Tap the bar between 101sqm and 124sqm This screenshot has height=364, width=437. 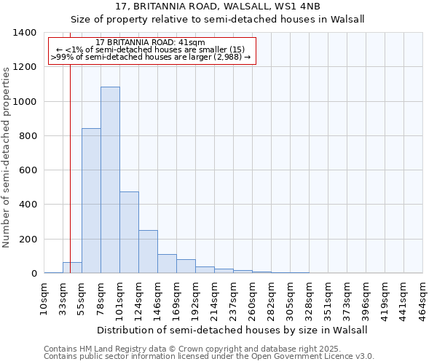(x=129, y=232)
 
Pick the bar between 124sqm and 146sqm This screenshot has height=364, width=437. (x=148, y=252)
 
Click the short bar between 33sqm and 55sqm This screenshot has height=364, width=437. (x=72, y=268)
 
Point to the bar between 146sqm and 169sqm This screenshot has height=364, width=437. (x=167, y=264)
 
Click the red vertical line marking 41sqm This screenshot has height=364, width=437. (x=70, y=146)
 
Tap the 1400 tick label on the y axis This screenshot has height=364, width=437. (x=25, y=33)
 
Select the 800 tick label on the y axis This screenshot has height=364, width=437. (x=28, y=136)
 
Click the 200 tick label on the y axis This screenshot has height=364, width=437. (x=28, y=240)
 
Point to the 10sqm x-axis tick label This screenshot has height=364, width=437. (x=44, y=297)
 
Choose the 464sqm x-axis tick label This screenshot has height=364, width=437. (x=422, y=297)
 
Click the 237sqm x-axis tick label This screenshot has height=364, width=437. (x=233, y=297)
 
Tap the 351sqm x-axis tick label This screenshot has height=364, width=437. (x=328, y=297)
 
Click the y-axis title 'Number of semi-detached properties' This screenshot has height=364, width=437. (x=7, y=157)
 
